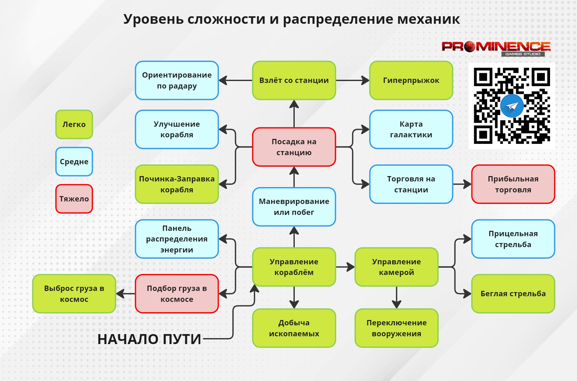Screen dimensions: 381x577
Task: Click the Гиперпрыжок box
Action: (x=411, y=80)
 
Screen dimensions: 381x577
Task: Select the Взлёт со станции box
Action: (x=294, y=80)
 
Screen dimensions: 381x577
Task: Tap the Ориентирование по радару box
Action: (x=177, y=80)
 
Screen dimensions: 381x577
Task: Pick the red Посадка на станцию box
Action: (x=294, y=147)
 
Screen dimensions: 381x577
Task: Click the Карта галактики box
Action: (x=411, y=129)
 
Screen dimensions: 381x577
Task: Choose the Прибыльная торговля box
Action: (x=513, y=184)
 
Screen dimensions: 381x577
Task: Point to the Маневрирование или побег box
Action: (x=294, y=207)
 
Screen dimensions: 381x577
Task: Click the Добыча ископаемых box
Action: (x=294, y=328)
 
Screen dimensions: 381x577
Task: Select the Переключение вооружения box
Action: (x=396, y=328)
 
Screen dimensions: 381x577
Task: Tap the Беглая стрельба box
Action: (x=513, y=294)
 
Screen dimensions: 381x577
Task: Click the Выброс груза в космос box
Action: (x=74, y=294)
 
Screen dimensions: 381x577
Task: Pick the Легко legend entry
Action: (x=74, y=124)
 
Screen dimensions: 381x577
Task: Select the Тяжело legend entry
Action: (x=74, y=199)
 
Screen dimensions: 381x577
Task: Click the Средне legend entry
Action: (x=74, y=161)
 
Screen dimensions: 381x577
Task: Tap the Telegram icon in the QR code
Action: (x=512, y=106)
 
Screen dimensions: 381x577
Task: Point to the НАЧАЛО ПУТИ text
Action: (x=149, y=339)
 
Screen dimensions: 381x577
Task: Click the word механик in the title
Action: (x=429, y=19)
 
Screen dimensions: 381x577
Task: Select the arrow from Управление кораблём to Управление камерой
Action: (x=345, y=267)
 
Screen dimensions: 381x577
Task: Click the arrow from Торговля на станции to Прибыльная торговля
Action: (x=462, y=184)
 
